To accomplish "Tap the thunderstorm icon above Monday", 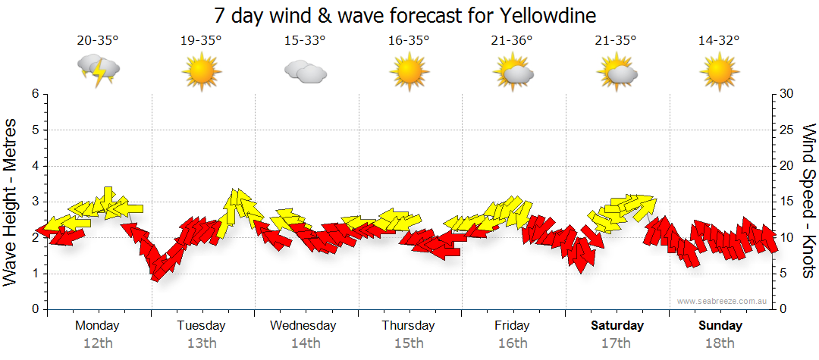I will pyautogui.click(x=98, y=70).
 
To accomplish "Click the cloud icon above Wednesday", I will pyautogui.click(x=305, y=72).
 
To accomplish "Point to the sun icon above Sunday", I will pyautogui.click(x=719, y=72).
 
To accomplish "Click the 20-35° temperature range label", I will pyautogui.click(x=98, y=41).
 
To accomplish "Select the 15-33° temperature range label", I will pyautogui.click(x=305, y=41).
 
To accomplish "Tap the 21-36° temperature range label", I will pyautogui.click(x=512, y=41).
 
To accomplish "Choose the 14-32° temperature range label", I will pyautogui.click(x=719, y=41).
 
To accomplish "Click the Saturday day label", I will pyautogui.click(x=617, y=326).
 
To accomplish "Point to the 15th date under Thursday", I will pyautogui.click(x=409, y=343).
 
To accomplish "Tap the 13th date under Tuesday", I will pyautogui.click(x=201, y=343).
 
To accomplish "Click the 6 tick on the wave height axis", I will pyautogui.click(x=34, y=94).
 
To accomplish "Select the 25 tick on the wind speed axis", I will pyautogui.click(x=788, y=130).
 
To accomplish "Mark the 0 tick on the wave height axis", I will pyautogui.click(x=34, y=309).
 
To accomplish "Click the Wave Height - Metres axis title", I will pyautogui.click(x=12, y=202).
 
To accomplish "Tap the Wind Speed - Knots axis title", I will pyautogui.click(x=808, y=202).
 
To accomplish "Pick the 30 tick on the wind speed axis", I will pyautogui.click(x=788, y=94).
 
